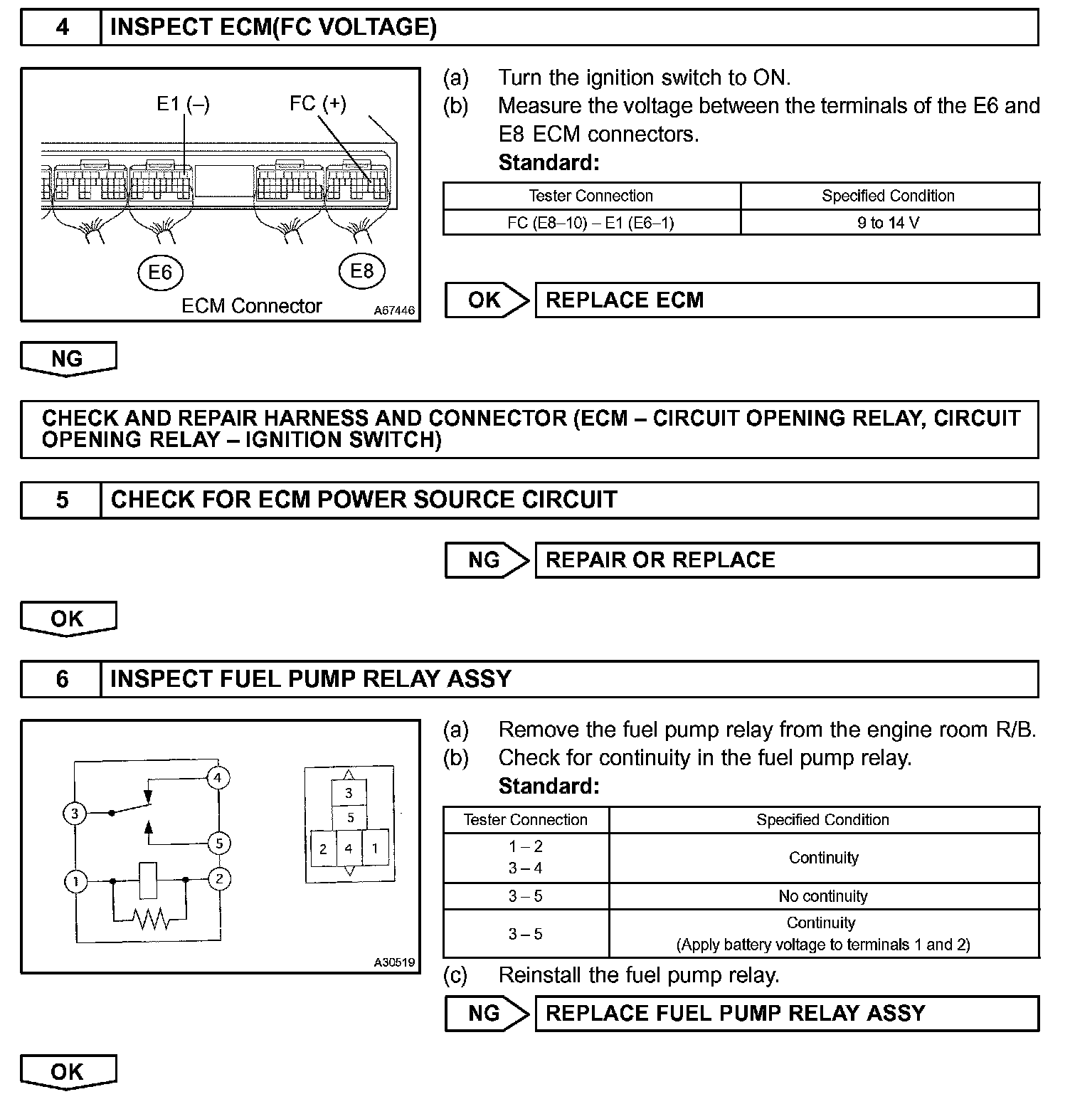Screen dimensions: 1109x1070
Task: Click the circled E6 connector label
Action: (x=160, y=272)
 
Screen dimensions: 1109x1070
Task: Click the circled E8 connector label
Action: (x=361, y=270)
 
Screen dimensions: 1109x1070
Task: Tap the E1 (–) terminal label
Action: (x=183, y=104)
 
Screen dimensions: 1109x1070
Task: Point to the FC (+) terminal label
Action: (x=317, y=103)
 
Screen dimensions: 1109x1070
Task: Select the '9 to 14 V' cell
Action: (x=889, y=223)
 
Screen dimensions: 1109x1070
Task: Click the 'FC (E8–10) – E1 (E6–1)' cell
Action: (x=590, y=223)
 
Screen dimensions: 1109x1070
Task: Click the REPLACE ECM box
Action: (x=786, y=300)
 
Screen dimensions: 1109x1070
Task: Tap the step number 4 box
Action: (x=62, y=27)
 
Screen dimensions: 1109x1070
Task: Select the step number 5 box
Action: (x=62, y=500)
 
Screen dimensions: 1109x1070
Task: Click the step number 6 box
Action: (x=62, y=679)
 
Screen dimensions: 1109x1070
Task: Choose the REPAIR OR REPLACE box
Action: (x=786, y=560)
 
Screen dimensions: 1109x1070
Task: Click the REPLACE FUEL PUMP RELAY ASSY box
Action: (x=786, y=1014)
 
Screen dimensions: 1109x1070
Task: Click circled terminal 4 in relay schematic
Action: (x=218, y=777)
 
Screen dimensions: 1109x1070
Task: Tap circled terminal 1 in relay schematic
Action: (x=75, y=882)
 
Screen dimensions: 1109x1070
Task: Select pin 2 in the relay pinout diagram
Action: (x=323, y=848)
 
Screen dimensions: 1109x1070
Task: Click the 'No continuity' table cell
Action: (x=823, y=896)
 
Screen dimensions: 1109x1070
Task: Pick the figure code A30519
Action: (x=394, y=962)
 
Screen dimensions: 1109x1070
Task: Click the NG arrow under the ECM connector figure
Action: (x=68, y=359)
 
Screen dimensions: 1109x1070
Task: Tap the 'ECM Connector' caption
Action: (x=252, y=306)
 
